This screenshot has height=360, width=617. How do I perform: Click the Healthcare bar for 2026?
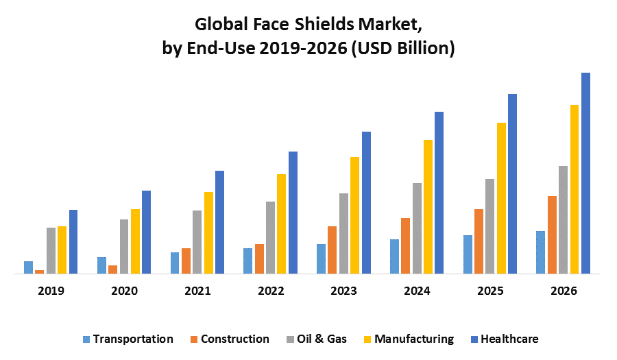click(585, 173)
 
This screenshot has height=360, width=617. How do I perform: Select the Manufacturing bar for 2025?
click(502, 198)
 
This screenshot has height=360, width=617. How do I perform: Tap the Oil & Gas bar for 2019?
click(51, 250)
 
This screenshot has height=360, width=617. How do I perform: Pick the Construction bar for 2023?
click(332, 250)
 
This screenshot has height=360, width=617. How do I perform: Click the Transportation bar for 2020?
click(101, 265)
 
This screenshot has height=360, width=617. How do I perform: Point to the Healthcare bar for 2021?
click(219, 222)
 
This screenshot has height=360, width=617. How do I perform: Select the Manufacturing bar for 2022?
click(282, 224)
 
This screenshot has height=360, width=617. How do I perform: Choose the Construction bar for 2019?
click(40, 272)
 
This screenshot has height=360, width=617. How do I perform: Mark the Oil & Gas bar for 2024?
click(417, 228)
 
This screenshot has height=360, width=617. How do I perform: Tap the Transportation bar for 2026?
click(541, 252)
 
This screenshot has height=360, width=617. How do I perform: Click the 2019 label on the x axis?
click(51, 291)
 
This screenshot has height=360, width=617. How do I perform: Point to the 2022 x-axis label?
click(271, 291)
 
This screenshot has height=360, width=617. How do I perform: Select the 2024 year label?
click(417, 291)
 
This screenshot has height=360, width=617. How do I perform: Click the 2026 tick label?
click(564, 291)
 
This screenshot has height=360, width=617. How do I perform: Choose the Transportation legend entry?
click(128, 339)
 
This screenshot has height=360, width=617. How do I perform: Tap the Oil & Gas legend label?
click(322, 339)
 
